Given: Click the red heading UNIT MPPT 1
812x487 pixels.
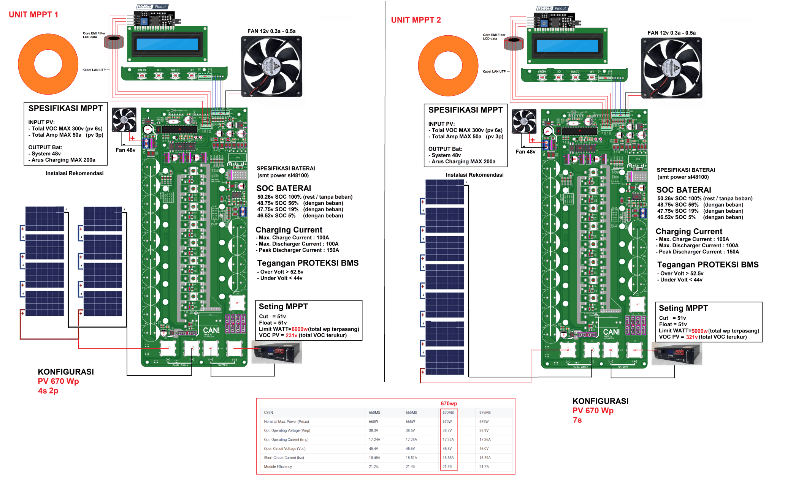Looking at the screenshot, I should click(x=33, y=14).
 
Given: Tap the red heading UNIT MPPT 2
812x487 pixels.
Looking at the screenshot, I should click(x=416, y=20).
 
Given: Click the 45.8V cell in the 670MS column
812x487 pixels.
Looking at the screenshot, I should click(x=447, y=449).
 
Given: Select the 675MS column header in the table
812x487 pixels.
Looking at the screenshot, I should click(x=485, y=413).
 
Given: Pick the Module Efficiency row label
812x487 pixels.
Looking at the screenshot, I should click(x=278, y=466).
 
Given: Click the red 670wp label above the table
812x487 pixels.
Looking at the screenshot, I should click(x=449, y=403).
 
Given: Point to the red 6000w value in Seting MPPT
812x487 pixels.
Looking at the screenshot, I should click(x=300, y=329).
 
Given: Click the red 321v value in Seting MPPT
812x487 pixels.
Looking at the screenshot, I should click(x=692, y=337).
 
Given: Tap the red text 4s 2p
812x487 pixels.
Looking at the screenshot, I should click(x=48, y=391).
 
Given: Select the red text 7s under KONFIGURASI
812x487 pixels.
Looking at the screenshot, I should click(x=577, y=420).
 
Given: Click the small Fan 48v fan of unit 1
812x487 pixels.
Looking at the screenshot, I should click(x=124, y=120).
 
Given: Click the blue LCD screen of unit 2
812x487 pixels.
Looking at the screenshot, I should click(x=567, y=46).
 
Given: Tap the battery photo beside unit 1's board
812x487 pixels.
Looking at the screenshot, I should click(x=277, y=352).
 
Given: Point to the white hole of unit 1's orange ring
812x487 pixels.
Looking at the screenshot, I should click(x=48, y=64).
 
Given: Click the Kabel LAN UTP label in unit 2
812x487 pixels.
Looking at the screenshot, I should click(x=494, y=71).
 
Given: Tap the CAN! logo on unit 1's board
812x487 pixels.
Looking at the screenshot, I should click(x=211, y=330).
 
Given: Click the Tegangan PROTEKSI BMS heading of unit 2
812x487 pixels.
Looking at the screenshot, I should click(x=707, y=265).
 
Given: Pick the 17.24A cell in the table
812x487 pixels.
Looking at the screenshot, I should click(x=374, y=440).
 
